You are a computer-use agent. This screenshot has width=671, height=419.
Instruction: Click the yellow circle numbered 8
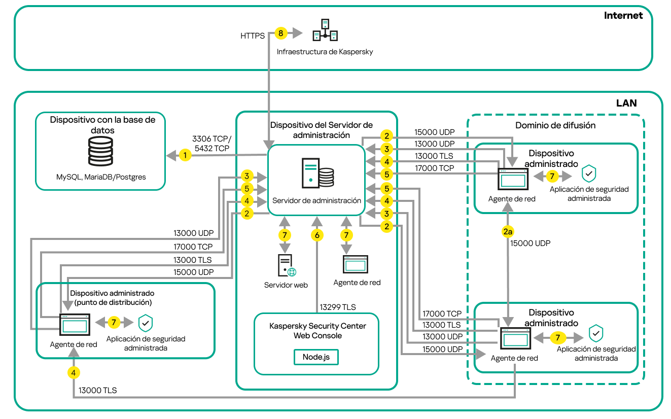point(281,33)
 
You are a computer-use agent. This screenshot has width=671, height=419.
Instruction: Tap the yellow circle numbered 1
point(185,155)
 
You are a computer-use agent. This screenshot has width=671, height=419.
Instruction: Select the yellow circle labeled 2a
point(508,231)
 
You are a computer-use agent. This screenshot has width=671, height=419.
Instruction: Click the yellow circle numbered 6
point(317,235)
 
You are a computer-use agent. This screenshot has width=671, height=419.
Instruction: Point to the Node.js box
point(316,357)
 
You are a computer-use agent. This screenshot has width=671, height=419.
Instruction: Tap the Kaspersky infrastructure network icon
point(325,30)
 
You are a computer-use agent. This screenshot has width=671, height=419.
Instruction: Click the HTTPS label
point(253,36)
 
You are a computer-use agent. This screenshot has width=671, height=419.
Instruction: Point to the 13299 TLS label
point(337,307)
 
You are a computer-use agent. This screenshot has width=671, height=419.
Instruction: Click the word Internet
point(623,15)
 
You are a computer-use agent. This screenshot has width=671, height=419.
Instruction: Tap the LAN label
point(626,103)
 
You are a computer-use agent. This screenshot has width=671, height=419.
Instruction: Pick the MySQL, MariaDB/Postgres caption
point(101,177)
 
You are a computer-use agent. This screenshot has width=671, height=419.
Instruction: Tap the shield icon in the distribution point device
point(146,323)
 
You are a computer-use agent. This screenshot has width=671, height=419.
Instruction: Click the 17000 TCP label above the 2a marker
point(434,168)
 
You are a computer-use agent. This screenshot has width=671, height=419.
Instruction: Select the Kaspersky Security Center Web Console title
point(317,331)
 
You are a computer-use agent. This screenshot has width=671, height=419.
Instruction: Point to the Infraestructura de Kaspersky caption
point(325,52)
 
